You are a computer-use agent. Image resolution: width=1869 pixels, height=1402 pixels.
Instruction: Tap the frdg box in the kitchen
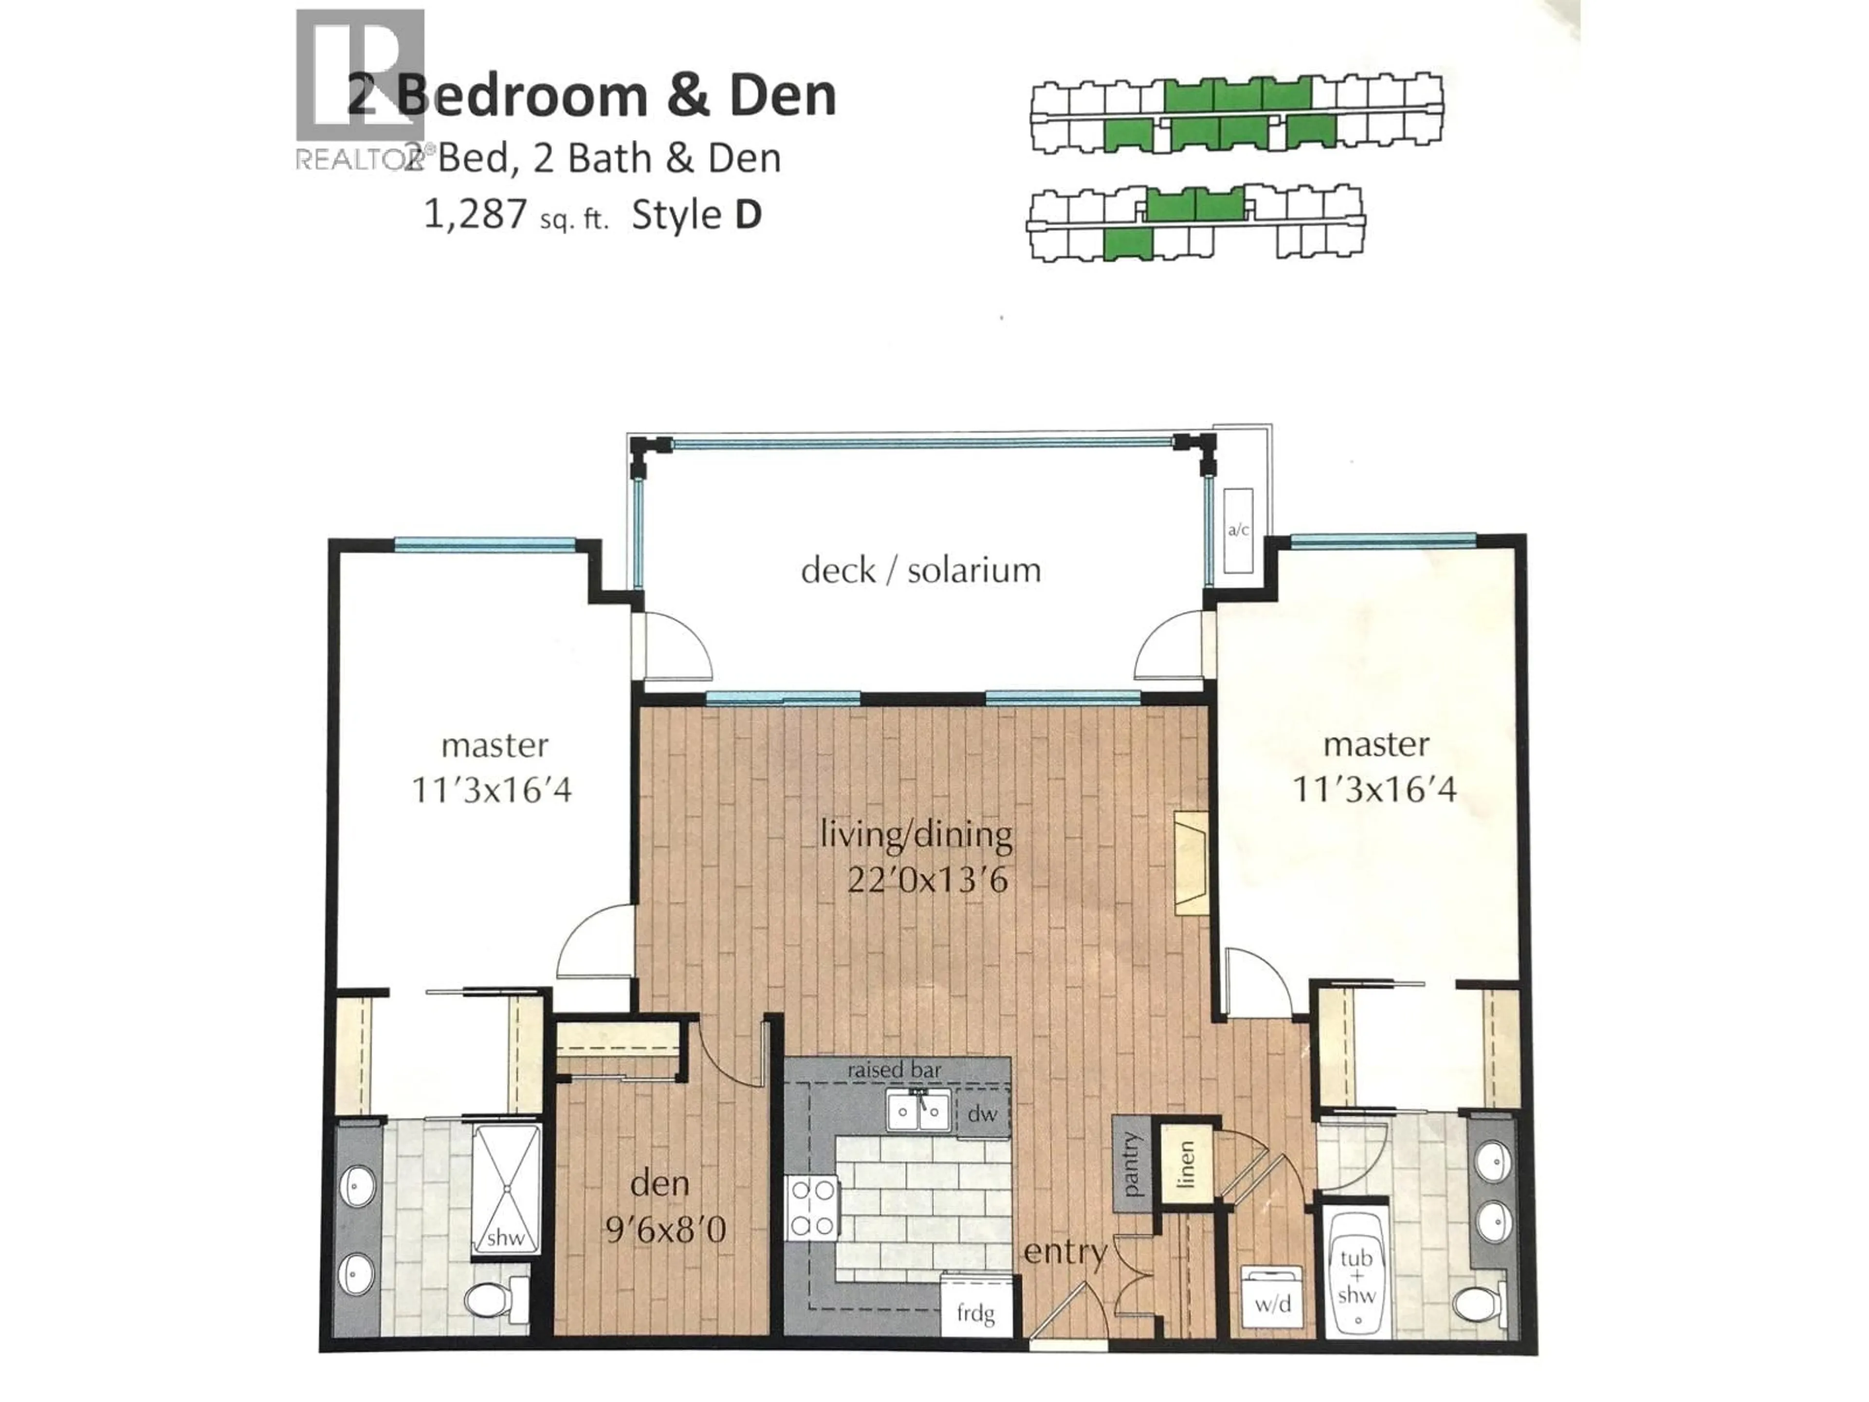tap(976, 1313)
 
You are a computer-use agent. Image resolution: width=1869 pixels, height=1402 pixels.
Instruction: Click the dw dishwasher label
tap(982, 1114)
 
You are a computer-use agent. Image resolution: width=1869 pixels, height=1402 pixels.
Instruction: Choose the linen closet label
tap(1186, 1164)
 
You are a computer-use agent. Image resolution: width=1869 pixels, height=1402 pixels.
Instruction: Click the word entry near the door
tap(1064, 1252)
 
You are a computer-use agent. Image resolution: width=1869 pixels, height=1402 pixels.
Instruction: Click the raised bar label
tap(894, 1070)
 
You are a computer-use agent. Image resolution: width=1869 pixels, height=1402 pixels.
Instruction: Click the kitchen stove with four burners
tap(812, 1208)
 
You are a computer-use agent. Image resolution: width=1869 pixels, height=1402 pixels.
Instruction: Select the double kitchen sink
tap(918, 1109)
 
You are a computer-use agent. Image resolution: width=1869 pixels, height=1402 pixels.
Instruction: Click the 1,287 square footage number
tap(475, 215)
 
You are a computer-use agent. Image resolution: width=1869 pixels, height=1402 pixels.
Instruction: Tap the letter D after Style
tap(748, 215)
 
